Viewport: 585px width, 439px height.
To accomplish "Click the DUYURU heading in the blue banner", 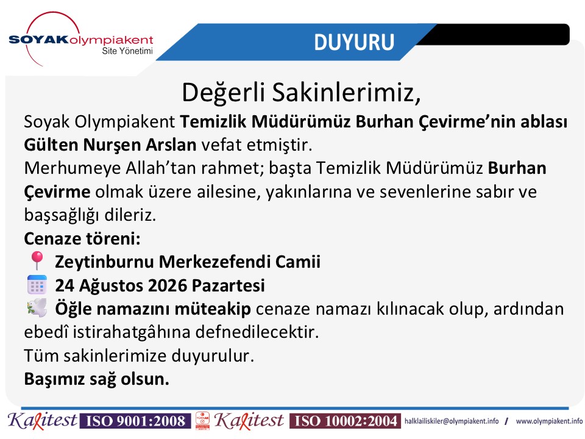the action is (354, 42).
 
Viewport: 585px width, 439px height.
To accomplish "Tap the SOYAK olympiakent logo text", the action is (81, 40).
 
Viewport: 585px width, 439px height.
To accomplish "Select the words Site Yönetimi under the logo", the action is (127, 51).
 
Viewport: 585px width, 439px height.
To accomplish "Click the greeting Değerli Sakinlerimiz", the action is (301, 92).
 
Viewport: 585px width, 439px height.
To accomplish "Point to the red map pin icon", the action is (37, 260).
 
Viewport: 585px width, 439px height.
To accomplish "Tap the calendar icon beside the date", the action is (37, 285).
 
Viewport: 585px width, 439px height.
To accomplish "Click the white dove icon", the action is (37, 307).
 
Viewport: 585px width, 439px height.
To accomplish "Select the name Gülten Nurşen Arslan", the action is (110, 145).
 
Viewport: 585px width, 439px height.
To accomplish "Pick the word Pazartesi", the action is (228, 285).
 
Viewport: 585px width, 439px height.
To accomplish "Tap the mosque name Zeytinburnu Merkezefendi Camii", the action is (188, 262).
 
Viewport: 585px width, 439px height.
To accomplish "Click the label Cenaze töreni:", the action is (82, 238).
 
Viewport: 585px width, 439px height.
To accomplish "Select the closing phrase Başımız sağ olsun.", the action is (97, 379).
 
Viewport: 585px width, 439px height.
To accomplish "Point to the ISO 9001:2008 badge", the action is (136, 421).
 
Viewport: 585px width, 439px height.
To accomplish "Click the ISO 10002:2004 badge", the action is (346, 421).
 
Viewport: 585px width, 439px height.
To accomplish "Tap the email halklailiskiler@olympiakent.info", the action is (452, 421).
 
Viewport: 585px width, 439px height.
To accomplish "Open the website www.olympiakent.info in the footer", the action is (549, 421).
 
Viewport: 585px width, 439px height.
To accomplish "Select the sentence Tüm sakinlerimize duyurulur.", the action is (139, 355).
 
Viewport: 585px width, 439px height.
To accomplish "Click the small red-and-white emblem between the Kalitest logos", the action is (202, 421).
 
